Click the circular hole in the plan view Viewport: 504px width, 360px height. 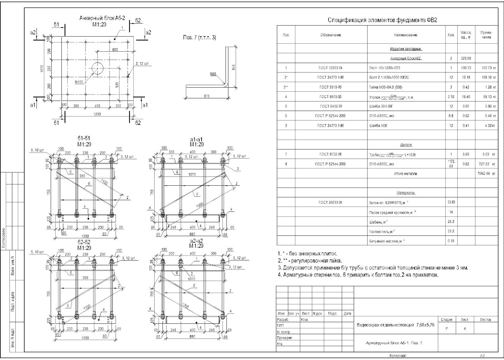(x=98, y=68)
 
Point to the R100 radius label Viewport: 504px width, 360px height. (x=79, y=82)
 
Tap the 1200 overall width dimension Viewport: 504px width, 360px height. (x=97, y=114)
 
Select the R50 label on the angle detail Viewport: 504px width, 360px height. (x=213, y=74)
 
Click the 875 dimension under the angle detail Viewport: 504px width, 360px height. (x=207, y=96)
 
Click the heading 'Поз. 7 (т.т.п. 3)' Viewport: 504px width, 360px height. (x=200, y=38)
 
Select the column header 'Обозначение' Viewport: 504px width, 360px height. (x=331, y=35)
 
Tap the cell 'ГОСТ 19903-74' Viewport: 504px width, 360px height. (x=330, y=68)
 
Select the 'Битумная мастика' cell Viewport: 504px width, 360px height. (x=387, y=241)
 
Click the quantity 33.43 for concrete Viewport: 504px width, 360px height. (x=451, y=202)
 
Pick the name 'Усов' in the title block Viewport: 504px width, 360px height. (x=304, y=320)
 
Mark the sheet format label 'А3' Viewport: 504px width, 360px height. (x=482, y=356)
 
